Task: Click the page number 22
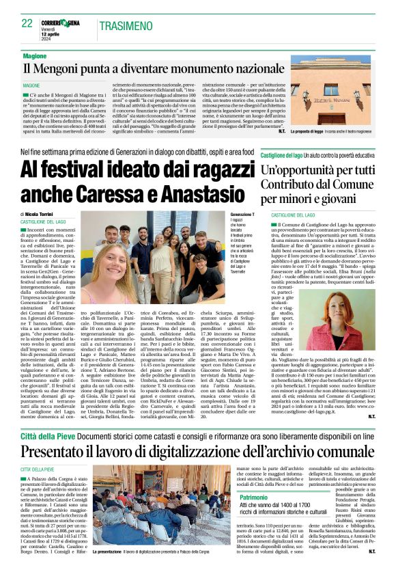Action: pos(27,23)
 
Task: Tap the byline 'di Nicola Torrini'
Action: pos(40,214)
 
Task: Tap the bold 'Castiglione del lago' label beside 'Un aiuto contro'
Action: pos(281,156)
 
